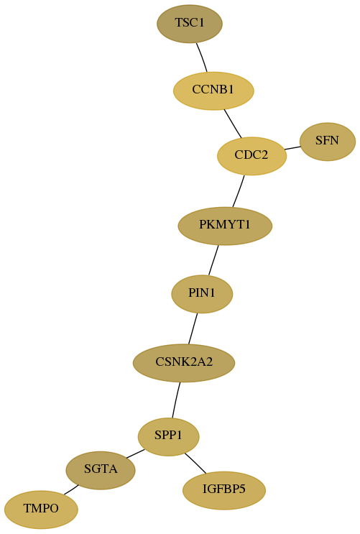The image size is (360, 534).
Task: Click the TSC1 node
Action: (x=190, y=24)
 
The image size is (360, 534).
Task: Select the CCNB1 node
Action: (x=213, y=91)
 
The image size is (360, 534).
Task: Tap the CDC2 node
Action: (x=251, y=156)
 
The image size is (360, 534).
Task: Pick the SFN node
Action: (x=327, y=142)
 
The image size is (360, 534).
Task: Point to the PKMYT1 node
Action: (x=225, y=226)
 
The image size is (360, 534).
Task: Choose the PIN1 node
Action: (x=202, y=294)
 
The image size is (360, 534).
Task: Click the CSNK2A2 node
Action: (x=183, y=363)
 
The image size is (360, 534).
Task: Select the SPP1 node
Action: (x=168, y=436)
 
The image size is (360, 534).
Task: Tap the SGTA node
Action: (x=101, y=470)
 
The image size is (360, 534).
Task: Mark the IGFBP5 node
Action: (x=223, y=490)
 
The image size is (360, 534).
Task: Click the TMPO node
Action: (x=41, y=510)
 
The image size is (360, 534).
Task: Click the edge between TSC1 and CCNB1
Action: (x=202, y=57)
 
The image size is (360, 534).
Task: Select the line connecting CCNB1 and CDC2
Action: (x=233, y=124)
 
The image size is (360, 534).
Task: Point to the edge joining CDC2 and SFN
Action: (x=292, y=148)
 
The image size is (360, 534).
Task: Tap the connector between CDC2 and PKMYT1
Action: (x=239, y=191)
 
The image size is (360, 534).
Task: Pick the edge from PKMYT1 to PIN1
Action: (x=213, y=260)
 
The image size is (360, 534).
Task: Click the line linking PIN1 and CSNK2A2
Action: (x=193, y=328)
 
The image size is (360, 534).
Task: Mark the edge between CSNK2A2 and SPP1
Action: (x=176, y=400)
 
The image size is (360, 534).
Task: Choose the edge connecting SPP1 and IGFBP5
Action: (x=195, y=463)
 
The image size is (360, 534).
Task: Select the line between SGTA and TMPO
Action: (x=71, y=489)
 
